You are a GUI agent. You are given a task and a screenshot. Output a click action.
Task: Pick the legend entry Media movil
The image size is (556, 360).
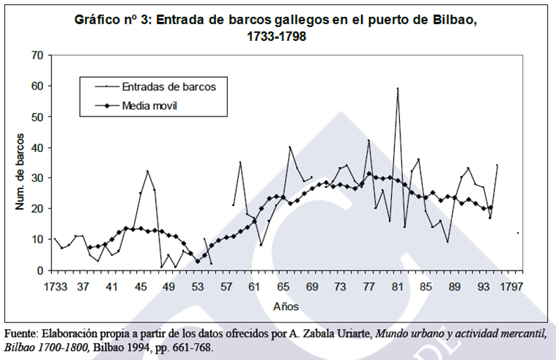(x=150, y=106)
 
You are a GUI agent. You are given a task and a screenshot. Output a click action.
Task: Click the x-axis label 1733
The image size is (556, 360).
(x=55, y=287)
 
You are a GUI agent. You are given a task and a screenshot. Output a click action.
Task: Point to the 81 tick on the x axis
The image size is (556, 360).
(x=397, y=287)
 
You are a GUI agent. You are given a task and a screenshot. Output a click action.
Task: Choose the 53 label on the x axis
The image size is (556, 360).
(x=197, y=287)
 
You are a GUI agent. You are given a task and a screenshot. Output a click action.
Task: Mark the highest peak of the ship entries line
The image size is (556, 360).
(x=398, y=88)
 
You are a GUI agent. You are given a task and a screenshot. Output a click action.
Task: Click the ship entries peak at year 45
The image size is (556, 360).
(x=147, y=171)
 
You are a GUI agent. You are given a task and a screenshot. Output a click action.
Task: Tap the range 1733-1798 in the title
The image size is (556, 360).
(x=277, y=36)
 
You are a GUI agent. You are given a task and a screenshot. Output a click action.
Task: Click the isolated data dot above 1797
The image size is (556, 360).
(x=518, y=233)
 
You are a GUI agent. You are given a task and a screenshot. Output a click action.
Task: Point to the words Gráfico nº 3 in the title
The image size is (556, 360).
(x=112, y=20)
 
